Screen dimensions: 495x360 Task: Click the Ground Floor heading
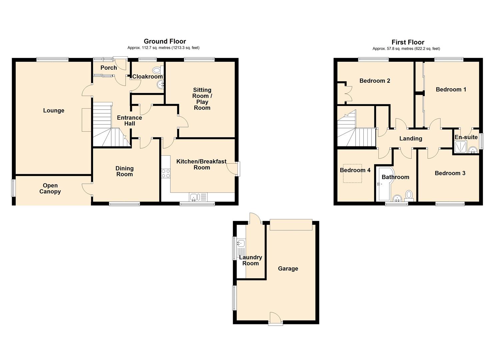coord(165,41)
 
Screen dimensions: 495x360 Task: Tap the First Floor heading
coord(408,42)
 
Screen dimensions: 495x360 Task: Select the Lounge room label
coord(54,110)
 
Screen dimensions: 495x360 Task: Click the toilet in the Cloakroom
coord(158,70)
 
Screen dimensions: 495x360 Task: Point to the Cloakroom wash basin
coord(160,84)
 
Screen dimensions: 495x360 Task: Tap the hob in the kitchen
coord(166,173)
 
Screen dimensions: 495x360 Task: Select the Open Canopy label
coord(50,189)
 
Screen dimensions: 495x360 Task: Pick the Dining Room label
coord(124,171)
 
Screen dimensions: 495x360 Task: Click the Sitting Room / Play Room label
coord(202,99)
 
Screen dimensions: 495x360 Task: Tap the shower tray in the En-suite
coord(461,147)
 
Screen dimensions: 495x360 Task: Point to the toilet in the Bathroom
coord(409,196)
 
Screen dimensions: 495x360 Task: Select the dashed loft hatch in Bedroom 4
coord(352,173)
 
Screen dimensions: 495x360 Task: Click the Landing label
coord(411,139)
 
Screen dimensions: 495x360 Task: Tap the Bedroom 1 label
coord(451,90)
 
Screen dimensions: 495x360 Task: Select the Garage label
coord(288,269)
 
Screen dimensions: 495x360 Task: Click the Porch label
coord(109,68)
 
